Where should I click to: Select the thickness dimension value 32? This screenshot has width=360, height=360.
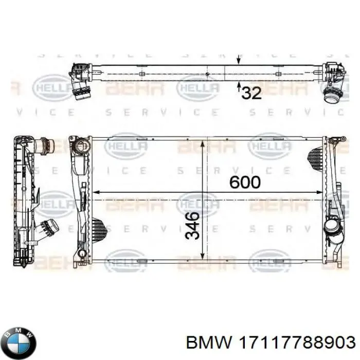coord(251,93)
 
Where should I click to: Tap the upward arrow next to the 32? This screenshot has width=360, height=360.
coord(238,85)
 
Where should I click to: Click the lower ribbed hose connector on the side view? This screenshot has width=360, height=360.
coord(49,227)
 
